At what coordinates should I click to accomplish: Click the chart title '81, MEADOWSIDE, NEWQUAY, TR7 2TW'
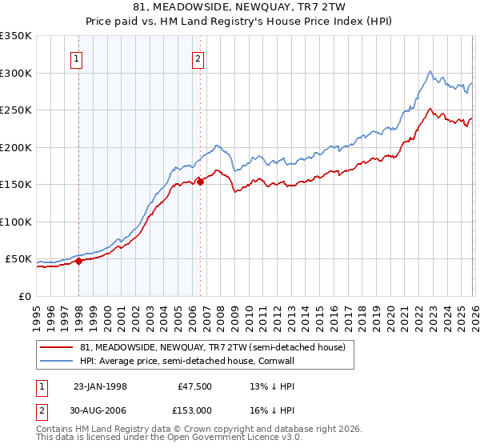point(240,7)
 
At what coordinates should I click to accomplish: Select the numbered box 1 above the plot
point(78,58)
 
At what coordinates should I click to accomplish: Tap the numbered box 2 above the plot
point(198,58)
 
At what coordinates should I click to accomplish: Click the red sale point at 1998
point(79,261)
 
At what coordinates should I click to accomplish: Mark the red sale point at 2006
point(200,182)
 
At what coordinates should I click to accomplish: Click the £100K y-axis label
point(17,222)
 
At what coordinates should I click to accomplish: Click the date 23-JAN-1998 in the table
point(100,386)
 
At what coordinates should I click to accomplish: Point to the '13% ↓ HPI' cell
point(267,386)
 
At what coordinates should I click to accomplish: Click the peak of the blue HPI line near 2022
point(430,70)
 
